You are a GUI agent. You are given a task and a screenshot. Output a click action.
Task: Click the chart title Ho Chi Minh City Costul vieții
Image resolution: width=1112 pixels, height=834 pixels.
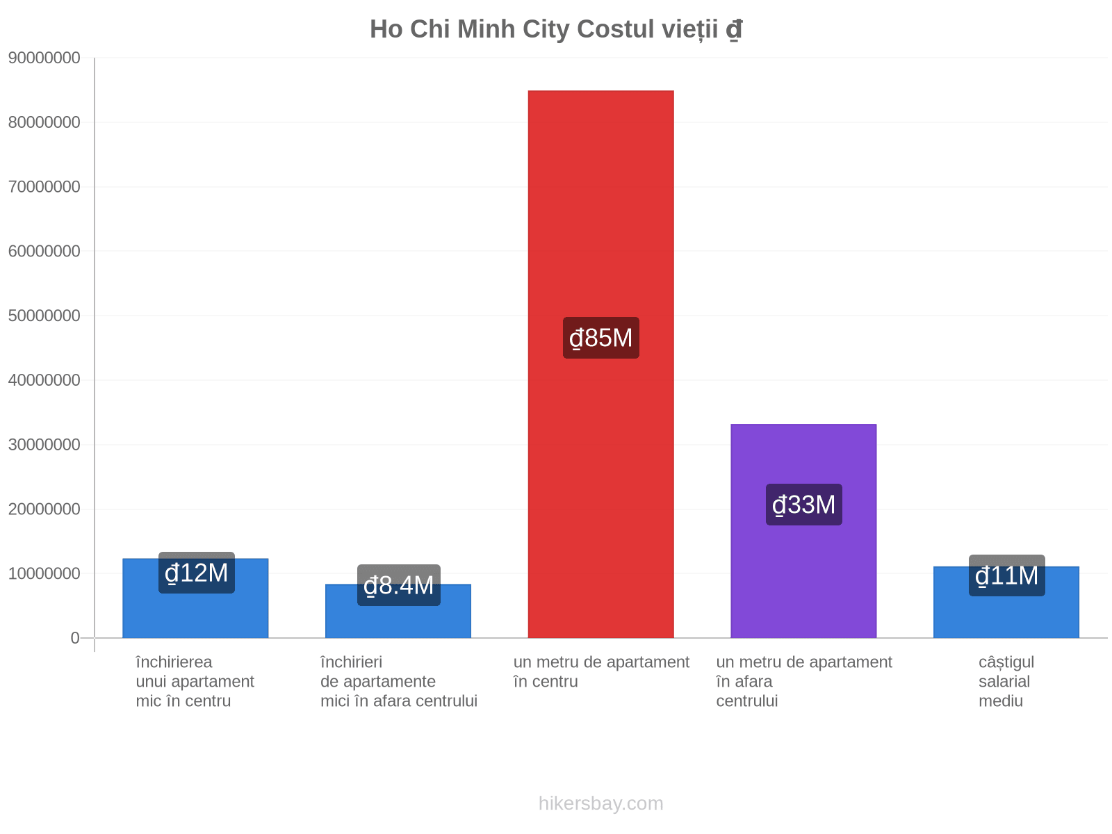555,29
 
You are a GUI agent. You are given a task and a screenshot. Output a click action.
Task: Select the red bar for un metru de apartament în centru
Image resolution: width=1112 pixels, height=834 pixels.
601,364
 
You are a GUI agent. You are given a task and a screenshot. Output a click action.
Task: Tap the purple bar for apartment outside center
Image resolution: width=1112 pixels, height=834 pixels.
803,531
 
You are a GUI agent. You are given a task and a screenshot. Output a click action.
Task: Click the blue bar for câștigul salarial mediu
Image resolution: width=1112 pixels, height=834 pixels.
1006,602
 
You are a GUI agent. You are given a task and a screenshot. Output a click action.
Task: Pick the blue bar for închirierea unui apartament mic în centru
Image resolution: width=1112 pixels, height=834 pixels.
195,598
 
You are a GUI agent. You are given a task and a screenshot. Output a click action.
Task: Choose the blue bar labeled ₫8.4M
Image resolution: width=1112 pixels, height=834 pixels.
398,611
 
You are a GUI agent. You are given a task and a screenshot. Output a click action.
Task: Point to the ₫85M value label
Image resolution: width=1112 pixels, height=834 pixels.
601,338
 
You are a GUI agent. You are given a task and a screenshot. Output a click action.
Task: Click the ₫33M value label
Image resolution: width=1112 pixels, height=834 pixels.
804,505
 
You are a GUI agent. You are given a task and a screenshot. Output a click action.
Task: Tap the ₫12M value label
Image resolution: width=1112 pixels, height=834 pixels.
197,573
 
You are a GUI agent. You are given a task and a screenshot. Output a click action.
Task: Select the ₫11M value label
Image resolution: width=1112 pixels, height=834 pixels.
1006,575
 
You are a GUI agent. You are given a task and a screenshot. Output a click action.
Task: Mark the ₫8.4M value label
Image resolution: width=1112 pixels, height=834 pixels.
399,585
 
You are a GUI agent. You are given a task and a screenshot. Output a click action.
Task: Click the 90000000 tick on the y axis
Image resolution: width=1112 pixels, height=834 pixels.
44,58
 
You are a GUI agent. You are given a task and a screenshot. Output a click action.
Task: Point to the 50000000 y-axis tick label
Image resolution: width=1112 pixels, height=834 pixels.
44,316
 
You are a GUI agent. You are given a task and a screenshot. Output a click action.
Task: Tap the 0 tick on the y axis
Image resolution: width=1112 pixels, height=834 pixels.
75,638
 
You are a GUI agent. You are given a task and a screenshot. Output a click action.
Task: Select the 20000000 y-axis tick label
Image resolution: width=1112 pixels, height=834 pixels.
44,509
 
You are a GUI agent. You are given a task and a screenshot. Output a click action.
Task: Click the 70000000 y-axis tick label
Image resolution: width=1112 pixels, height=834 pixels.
44,187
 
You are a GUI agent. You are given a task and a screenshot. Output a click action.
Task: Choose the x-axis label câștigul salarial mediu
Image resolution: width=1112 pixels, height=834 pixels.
1006,682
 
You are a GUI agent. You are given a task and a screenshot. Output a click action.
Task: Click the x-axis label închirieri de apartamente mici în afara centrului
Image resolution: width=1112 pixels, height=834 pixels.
399,682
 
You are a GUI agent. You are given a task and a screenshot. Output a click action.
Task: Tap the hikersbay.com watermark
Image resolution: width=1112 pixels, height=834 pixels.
601,803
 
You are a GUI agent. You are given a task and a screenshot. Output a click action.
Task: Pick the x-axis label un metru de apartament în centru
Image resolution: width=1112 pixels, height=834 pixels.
601,672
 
